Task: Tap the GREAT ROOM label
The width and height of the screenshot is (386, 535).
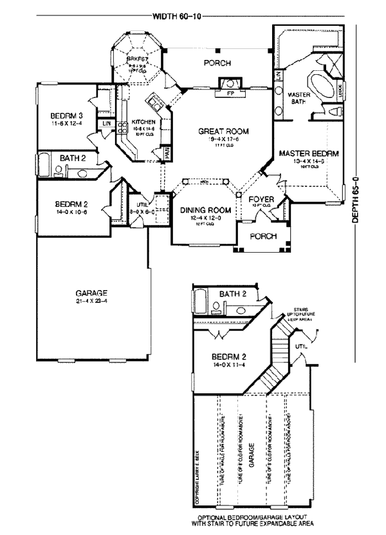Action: coord(223,131)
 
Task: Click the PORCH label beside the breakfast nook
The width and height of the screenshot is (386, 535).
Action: coord(217,63)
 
